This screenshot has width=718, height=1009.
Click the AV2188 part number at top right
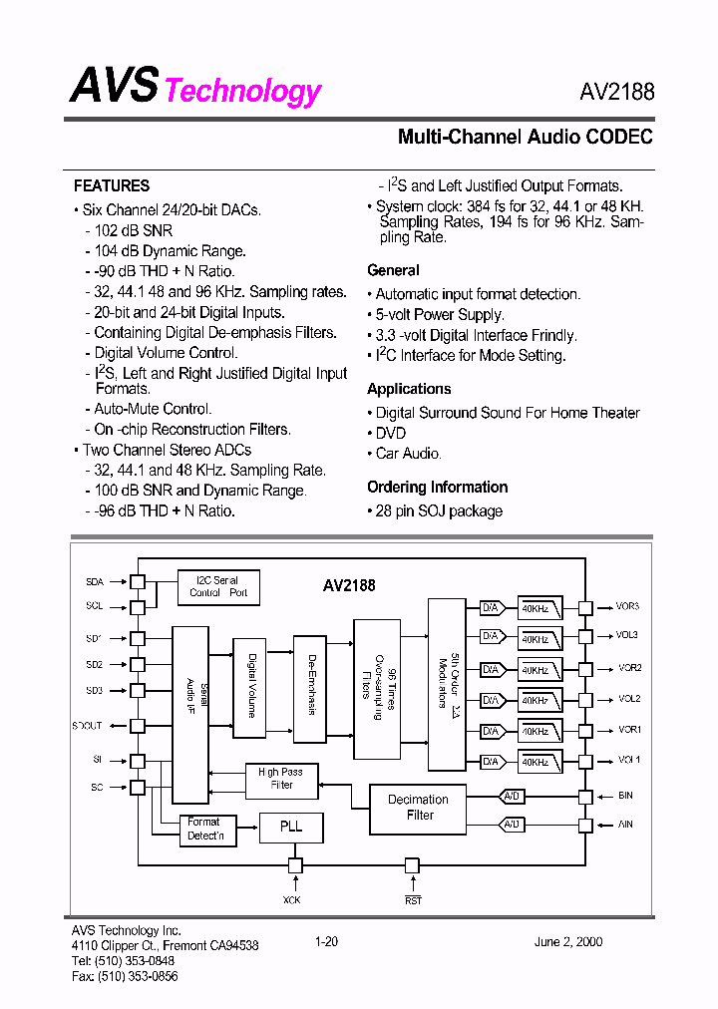(616, 92)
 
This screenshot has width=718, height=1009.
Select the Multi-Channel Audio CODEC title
(526, 137)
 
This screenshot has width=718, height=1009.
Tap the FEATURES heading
(112, 185)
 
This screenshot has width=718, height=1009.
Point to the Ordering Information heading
(437, 487)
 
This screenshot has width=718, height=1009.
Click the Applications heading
(409, 389)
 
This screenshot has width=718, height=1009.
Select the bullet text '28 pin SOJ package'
(439, 510)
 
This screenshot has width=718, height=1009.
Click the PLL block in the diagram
(291, 827)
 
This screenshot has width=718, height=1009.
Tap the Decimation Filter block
(419, 807)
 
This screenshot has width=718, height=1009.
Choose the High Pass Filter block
(281, 778)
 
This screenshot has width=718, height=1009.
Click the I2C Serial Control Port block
(218, 586)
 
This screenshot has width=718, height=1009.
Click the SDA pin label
(95, 580)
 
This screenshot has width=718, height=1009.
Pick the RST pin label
(413, 900)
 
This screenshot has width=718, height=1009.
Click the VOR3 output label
(627, 606)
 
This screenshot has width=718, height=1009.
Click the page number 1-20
(326, 941)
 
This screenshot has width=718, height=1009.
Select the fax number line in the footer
(125, 976)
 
